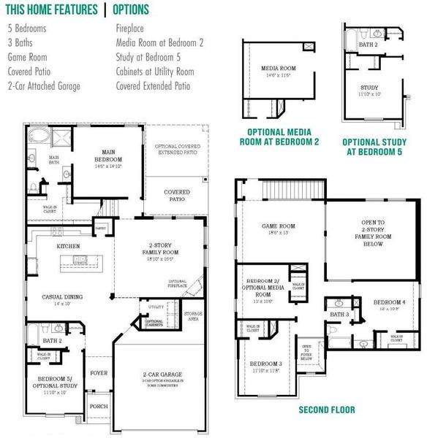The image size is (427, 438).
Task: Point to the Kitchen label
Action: pyautogui.click(x=69, y=247)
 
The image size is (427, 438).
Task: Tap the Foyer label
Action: pyautogui.click(x=98, y=373)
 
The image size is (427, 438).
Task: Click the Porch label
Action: pyautogui.click(x=98, y=407)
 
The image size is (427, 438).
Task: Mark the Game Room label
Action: pyautogui.click(x=278, y=226)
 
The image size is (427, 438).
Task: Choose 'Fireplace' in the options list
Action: pyautogui.click(x=132, y=28)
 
